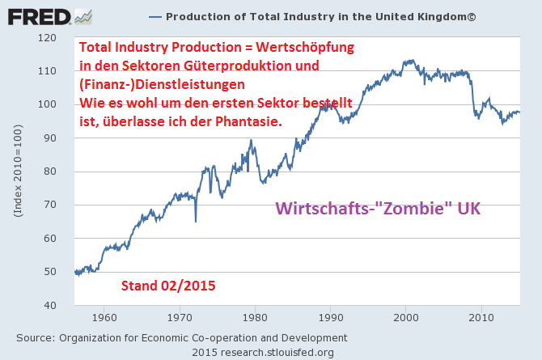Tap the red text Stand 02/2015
pos(167,286)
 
